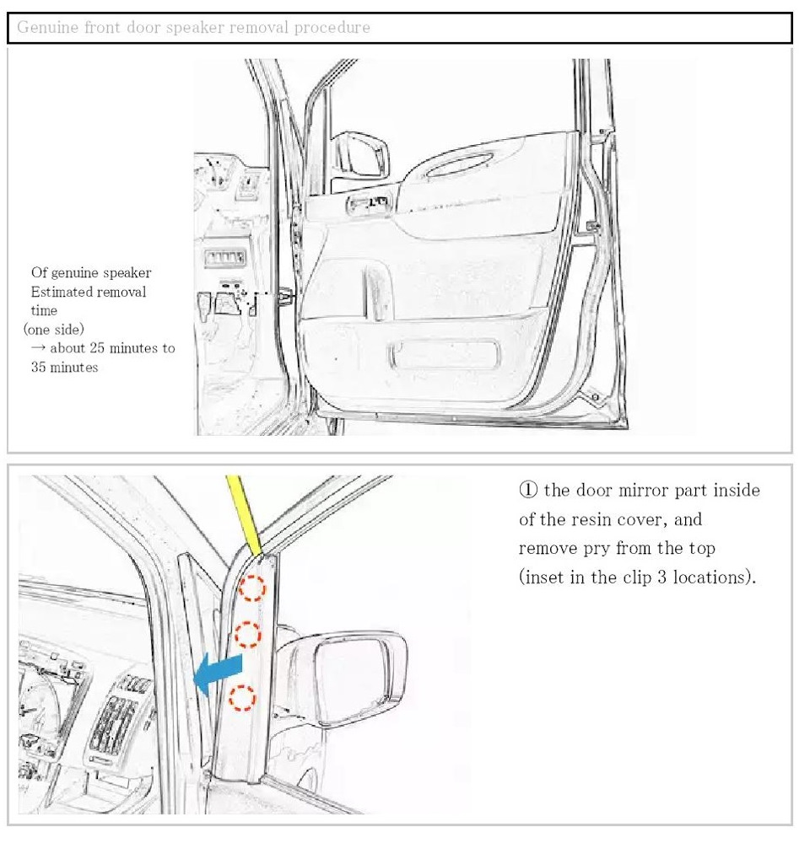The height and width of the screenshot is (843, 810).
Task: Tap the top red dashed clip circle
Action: (252, 588)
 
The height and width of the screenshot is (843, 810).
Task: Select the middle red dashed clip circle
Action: (246, 633)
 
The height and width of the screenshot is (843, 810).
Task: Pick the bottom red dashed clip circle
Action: (241, 696)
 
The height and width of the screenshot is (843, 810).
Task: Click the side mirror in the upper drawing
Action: (363, 157)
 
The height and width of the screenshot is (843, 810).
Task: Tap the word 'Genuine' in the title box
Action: (46, 27)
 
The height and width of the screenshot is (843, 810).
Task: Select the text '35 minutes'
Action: (64, 368)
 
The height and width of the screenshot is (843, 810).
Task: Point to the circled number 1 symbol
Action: (527, 490)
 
